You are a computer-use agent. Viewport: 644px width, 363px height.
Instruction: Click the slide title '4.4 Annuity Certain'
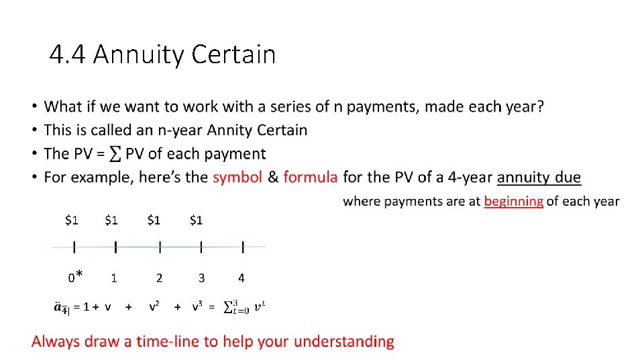click(x=162, y=54)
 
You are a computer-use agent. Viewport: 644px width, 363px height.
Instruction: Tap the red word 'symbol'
click(x=237, y=177)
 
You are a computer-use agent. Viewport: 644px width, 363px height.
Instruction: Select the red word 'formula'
click(x=311, y=177)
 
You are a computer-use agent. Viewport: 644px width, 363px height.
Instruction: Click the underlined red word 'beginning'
click(x=513, y=201)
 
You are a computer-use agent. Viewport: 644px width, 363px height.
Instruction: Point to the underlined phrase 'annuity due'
click(x=539, y=177)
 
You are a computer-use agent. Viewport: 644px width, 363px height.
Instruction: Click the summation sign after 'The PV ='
click(x=115, y=154)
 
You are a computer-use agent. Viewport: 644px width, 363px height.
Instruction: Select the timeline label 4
click(x=241, y=277)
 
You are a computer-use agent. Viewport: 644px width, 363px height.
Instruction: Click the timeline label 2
click(x=159, y=277)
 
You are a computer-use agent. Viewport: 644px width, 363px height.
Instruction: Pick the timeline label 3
click(x=201, y=277)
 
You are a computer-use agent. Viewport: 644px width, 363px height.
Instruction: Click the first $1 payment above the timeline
click(x=72, y=220)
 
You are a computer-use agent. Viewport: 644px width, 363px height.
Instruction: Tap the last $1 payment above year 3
click(x=196, y=220)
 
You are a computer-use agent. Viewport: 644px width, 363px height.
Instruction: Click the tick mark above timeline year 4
click(x=242, y=247)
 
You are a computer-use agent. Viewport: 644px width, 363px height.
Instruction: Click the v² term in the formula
click(x=154, y=307)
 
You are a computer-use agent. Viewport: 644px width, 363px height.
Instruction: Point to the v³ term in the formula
click(x=197, y=307)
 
